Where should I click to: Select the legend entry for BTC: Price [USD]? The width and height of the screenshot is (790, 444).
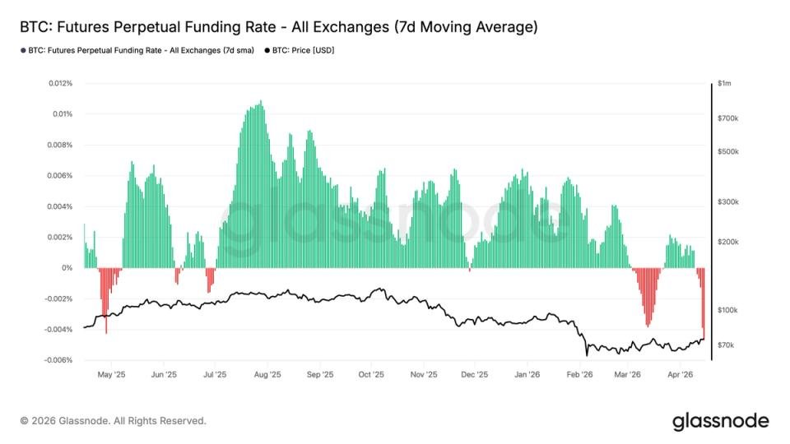(x=303, y=51)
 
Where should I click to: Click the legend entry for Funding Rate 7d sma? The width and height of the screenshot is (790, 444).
(x=140, y=51)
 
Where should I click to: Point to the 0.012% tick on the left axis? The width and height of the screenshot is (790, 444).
(x=60, y=83)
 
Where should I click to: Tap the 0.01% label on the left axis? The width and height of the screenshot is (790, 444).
(x=63, y=113)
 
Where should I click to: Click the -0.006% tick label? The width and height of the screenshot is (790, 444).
(x=58, y=360)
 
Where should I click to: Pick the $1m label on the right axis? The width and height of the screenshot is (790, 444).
(x=724, y=83)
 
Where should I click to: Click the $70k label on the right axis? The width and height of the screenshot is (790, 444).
(x=727, y=345)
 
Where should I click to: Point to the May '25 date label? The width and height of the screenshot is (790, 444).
(x=111, y=374)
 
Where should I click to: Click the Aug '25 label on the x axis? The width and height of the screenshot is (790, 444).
(x=267, y=374)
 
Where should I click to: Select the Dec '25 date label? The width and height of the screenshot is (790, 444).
(x=475, y=374)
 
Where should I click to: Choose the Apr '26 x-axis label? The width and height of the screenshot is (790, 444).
(x=680, y=374)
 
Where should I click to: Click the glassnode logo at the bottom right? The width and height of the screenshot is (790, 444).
(x=720, y=421)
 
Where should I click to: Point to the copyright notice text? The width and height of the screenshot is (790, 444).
(x=114, y=421)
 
